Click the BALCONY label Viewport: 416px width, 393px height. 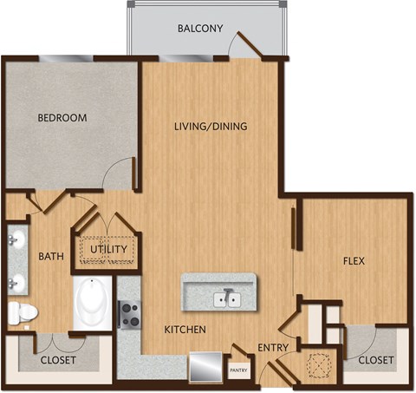(x=200, y=29)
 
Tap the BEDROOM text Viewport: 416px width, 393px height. (x=61, y=117)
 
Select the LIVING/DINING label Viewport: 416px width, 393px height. (x=211, y=127)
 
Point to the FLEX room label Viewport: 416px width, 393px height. (x=352, y=259)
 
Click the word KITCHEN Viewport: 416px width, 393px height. (x=185, y=330)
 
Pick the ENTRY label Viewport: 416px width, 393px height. (x=273, y=348)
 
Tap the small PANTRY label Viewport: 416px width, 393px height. (x=239, y=369)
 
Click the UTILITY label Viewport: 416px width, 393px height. (x=109, y=250)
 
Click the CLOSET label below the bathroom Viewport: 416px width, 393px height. (x=58, y=359)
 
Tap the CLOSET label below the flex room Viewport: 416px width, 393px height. (x=375, y=359)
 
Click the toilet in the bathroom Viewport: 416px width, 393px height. (x=23, y=311)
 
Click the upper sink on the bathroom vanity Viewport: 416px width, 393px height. (x=16, y=239)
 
